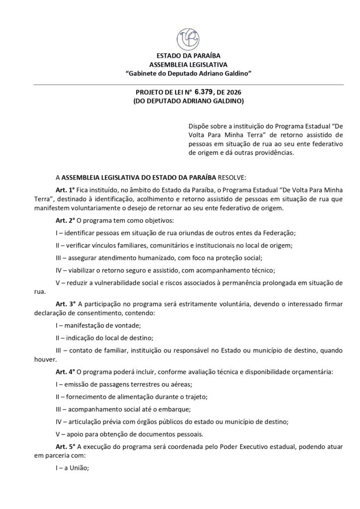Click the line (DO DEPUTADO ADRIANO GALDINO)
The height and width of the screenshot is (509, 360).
click(x=188, y=101)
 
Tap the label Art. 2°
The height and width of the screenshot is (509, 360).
click(x=65, y=221)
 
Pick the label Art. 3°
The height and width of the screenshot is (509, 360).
click(x=65, y=303)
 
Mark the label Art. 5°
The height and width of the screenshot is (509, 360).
click(x=65, y=446)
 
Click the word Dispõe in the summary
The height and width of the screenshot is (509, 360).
click(x=199, y=126)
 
